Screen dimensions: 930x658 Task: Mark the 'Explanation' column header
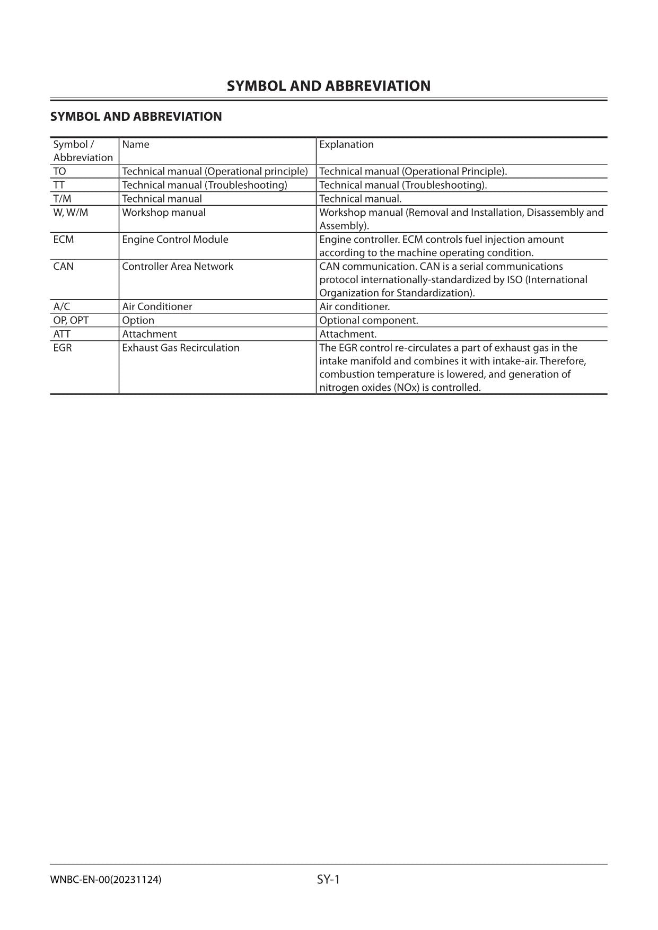tap(346, 145)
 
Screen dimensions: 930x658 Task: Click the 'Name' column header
tap(136, 145)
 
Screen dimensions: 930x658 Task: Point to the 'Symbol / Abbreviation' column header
tap(83, 151)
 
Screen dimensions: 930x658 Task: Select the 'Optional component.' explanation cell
tap(369, 321)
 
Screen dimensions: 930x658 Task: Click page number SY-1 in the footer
tap(328, 880)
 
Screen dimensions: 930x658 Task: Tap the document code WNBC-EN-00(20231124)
tap(106, 880)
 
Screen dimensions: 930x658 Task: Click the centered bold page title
tap(329, 86)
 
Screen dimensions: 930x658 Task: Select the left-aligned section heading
tap(136, 117)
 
